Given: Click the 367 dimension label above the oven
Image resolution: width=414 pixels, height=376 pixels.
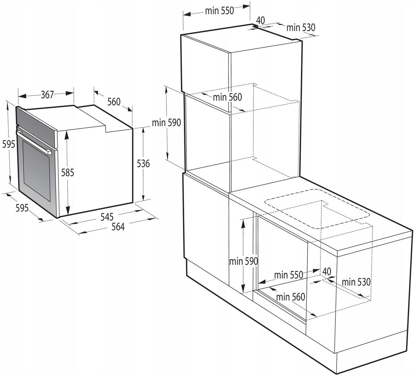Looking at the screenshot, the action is [47, 94].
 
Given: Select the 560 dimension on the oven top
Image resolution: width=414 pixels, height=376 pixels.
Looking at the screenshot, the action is [114, 102].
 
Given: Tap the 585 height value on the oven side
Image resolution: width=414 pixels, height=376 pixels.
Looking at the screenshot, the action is [67, 172].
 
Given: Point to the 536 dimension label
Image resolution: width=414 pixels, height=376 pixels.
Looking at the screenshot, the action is [143, 164].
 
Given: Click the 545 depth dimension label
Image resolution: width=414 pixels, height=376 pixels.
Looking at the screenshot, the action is [107, 217].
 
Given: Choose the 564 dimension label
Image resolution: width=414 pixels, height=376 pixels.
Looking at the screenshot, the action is [118, 227].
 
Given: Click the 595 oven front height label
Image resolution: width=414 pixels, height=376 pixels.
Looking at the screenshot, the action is [8, 144].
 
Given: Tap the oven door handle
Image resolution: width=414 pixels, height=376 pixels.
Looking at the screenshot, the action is [34, 142].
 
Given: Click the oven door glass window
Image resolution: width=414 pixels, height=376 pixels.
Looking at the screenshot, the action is [36, 171].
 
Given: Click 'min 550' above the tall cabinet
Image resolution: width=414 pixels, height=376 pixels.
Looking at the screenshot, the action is [219, 11].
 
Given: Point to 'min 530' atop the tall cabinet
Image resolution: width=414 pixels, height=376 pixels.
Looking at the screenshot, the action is [301, 27].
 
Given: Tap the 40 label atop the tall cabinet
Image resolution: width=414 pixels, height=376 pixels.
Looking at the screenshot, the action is [260, 20].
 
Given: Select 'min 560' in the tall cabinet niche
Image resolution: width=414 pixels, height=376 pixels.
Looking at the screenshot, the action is [227, 97].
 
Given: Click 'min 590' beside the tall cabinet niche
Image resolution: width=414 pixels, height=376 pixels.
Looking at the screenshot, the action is [166, 123].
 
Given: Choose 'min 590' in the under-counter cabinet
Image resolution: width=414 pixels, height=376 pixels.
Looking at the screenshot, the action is [243, 261].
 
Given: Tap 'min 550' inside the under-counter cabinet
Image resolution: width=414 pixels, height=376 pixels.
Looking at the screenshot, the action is [288, 275].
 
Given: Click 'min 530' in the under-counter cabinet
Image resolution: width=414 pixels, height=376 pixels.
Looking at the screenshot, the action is [356, 282].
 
